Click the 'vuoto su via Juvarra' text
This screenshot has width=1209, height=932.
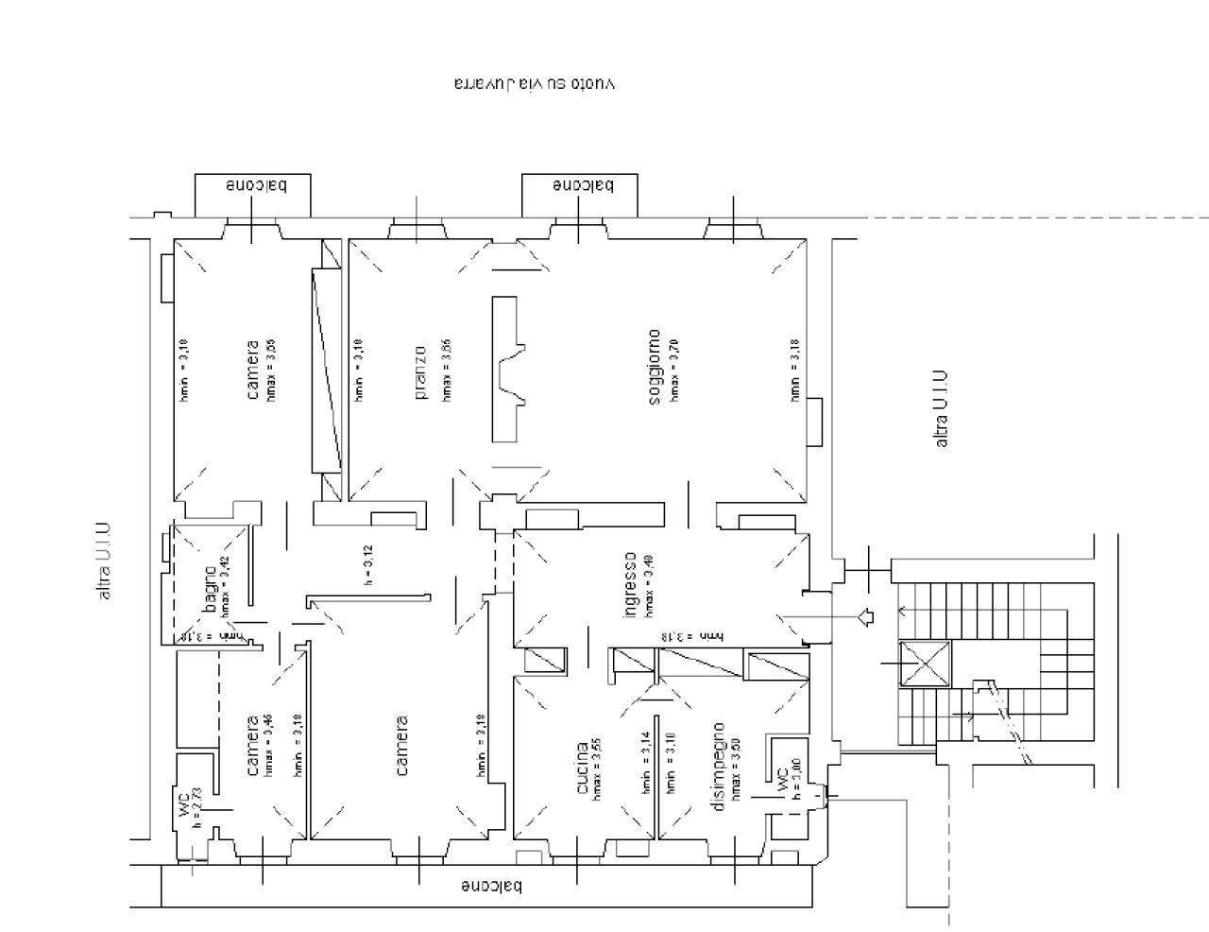click(534, 83)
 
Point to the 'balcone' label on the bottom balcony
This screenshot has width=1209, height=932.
click(491, 887)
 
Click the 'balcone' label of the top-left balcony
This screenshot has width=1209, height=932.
click(253, 185)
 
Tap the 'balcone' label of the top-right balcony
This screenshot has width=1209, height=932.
click(582, 185)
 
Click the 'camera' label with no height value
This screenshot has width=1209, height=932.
click(401, 746)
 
